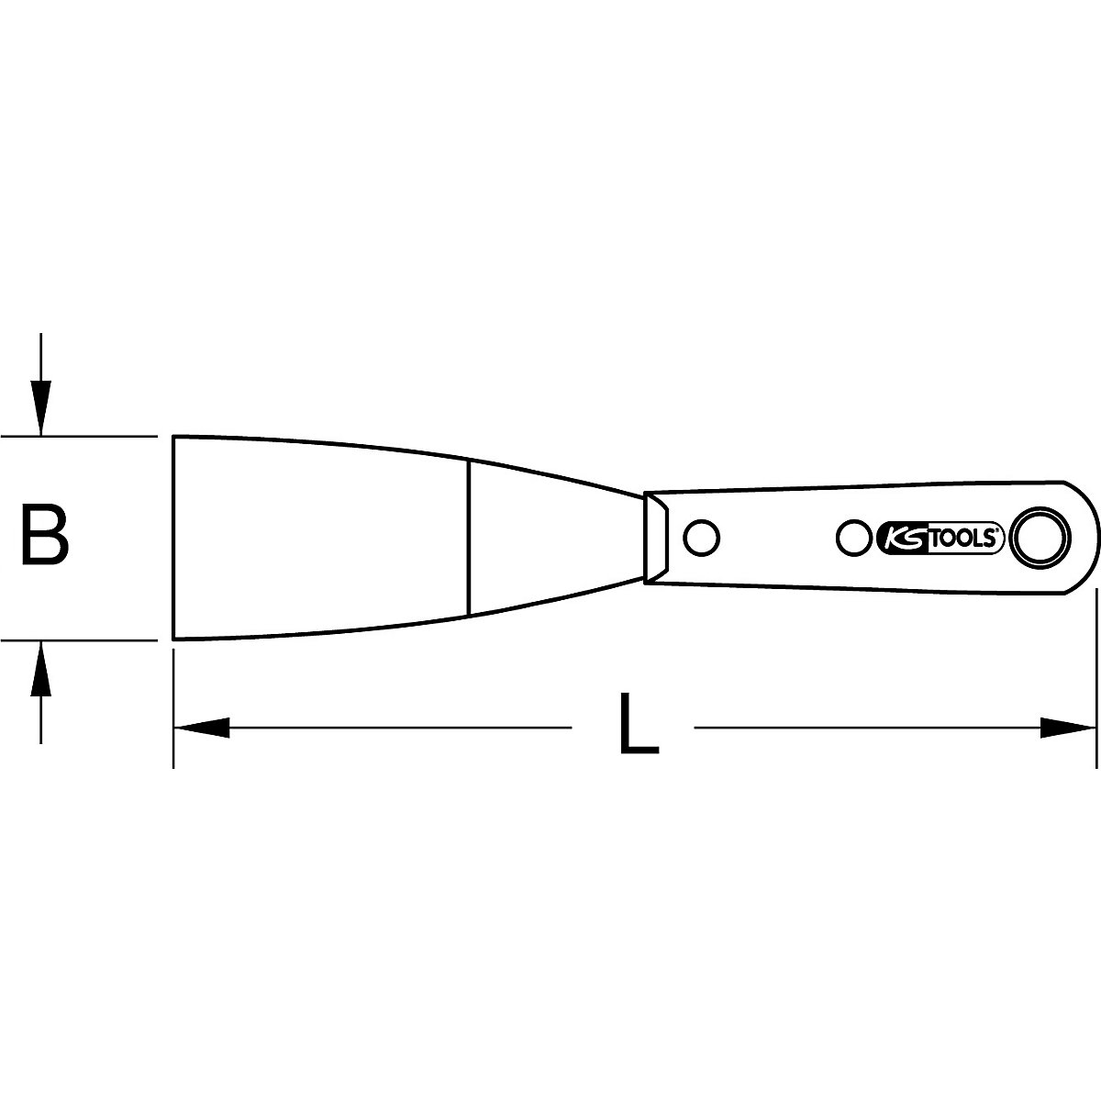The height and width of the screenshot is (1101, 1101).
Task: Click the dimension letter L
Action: [x=638, y=724]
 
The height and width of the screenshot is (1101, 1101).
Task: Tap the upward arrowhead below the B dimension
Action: [x=40, y=667]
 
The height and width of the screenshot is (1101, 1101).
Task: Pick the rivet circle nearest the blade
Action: [x=703, y=537]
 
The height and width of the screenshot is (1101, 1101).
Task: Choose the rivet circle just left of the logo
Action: [x=854, y=537]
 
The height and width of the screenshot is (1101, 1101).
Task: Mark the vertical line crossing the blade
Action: [x=468, y=537]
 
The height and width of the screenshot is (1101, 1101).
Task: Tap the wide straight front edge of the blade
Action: [x=174, y=537]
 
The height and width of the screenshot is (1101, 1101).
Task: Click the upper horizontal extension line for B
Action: [x=83, y=436]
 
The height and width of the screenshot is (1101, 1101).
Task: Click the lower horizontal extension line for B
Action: [x=83, y=639]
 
